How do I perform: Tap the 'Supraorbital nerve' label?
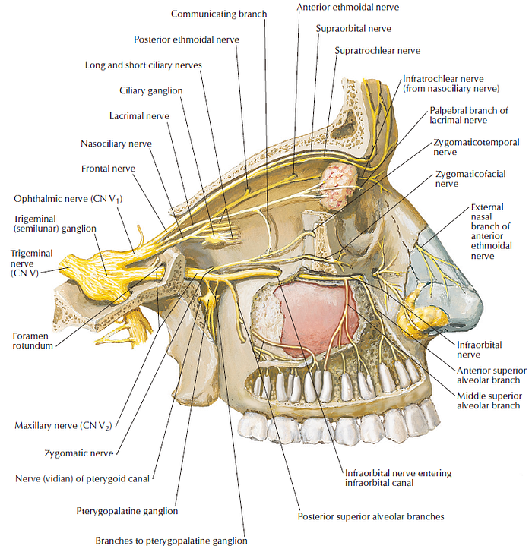[353, 28]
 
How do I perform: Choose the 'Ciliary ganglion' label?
[151, 90]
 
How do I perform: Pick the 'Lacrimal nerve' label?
[138, 116]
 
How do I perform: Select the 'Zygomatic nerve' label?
[78, 453]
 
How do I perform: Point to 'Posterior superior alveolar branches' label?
[371, 516]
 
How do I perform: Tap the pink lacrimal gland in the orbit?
[334, 186]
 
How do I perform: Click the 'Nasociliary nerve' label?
[116, 143]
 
